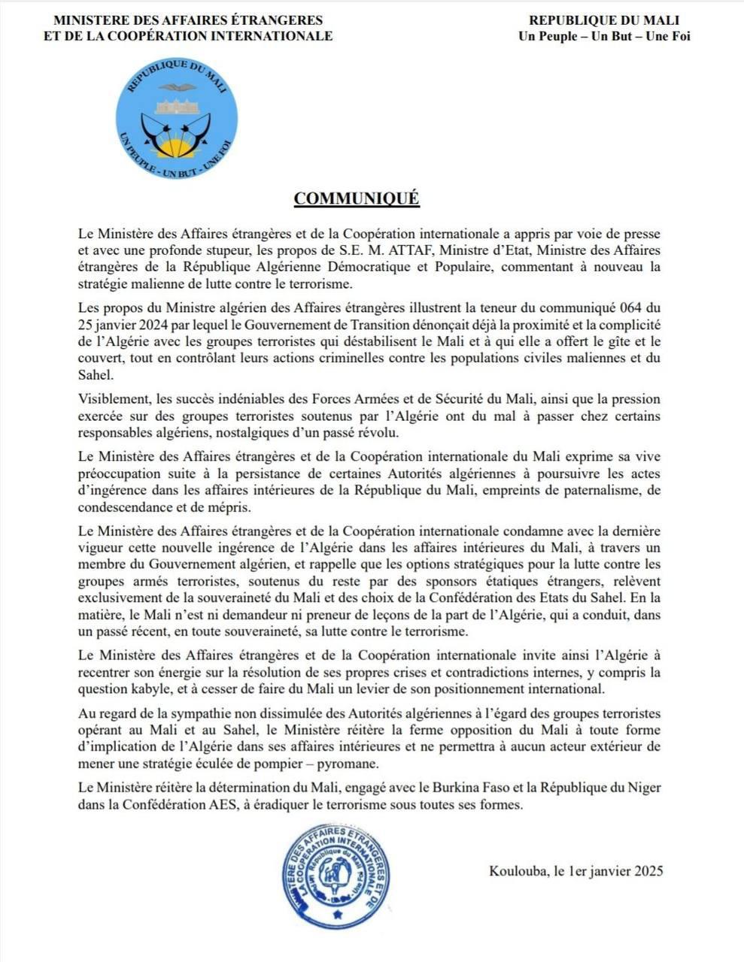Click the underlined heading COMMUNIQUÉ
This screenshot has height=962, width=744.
[x=356, y=198]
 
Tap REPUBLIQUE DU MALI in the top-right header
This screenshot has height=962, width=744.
[x=604, y=20]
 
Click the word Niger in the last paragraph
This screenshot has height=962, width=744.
[x=645, y=788]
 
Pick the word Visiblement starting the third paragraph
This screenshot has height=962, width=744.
[x=112, y=399]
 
